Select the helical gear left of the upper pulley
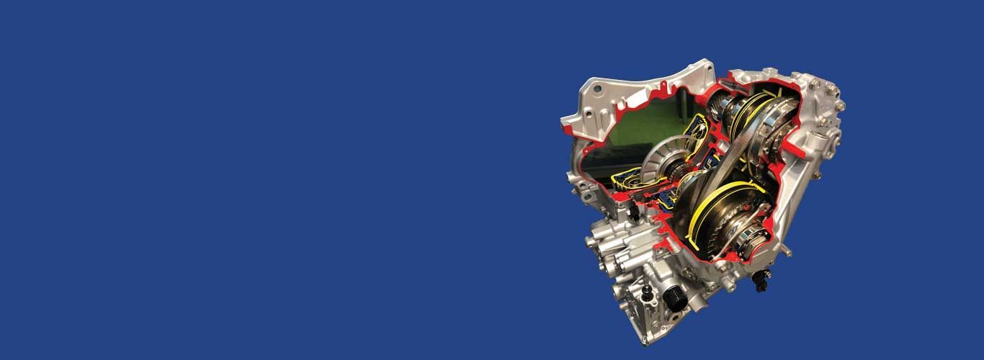(x=720, y=108)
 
